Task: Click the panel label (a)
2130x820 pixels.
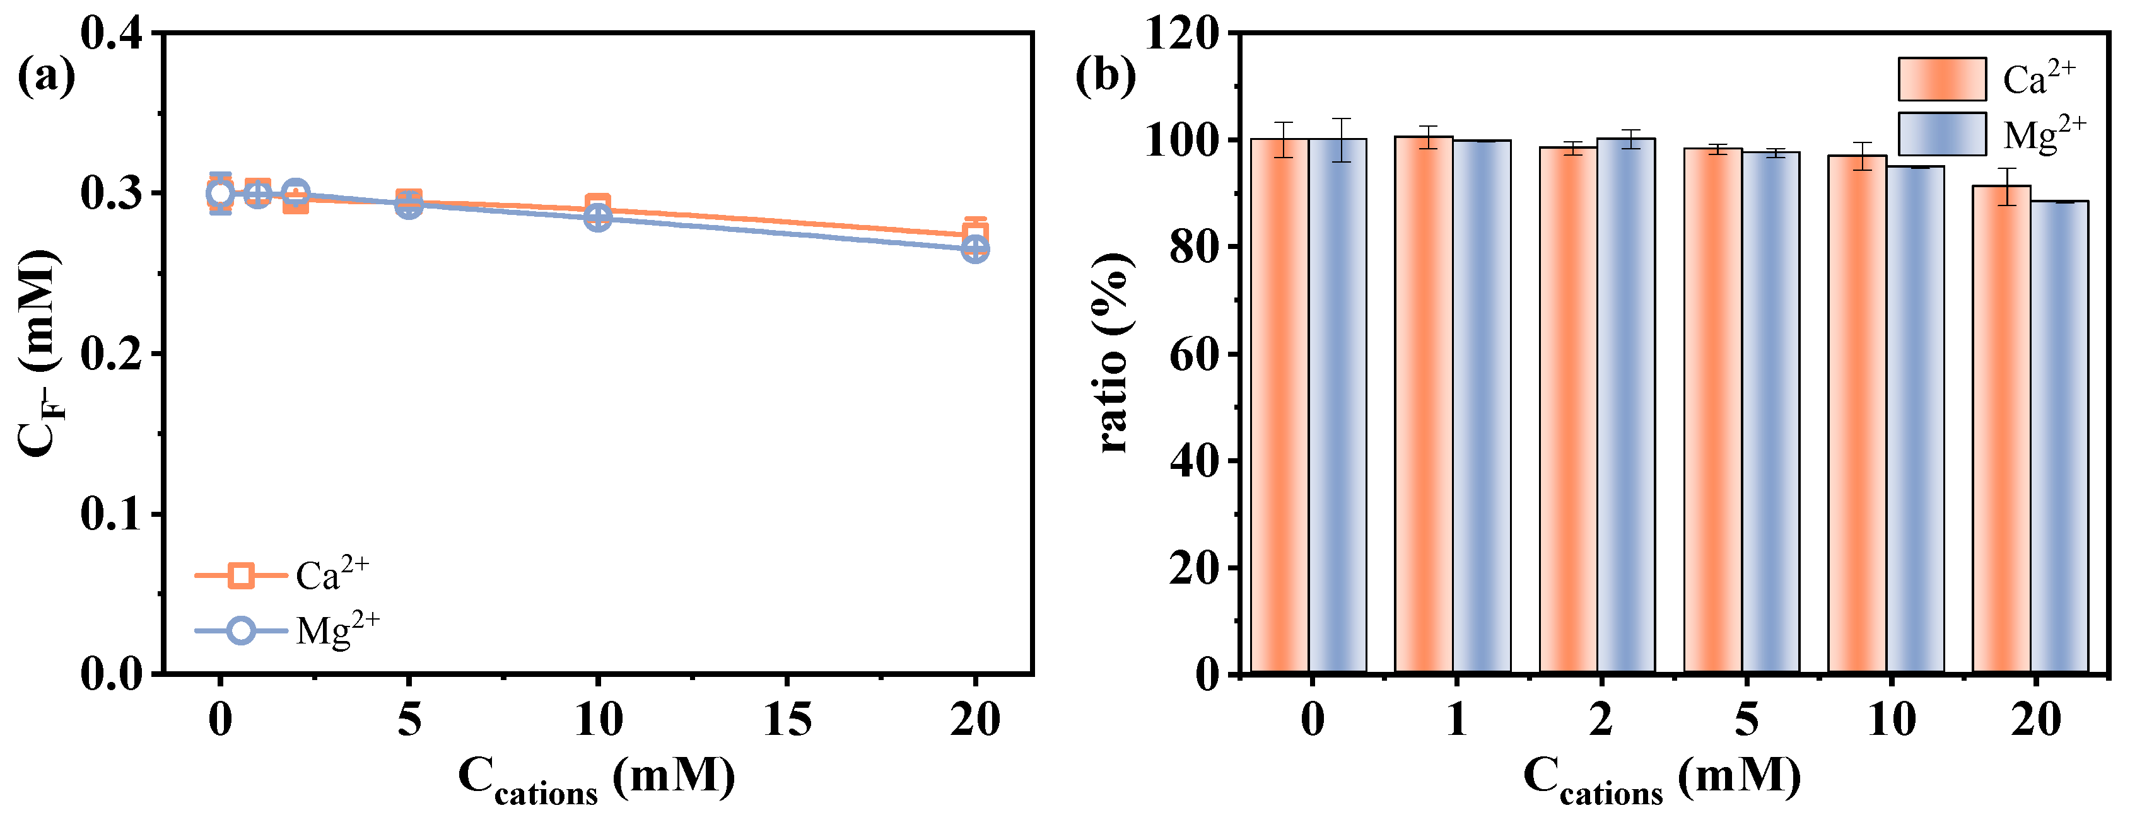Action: point(46,76)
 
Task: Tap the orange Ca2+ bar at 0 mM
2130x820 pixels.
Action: point(1279,405)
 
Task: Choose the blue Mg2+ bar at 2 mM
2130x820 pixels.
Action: point(1625,405)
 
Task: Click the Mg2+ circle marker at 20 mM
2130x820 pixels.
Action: point(975,249)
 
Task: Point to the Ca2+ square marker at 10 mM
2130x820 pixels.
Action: point(598,205)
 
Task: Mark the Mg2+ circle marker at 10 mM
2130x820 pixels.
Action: point(598,218)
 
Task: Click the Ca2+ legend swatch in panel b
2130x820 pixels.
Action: point(1941,79)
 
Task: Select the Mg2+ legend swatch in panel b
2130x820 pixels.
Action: point(1941,134)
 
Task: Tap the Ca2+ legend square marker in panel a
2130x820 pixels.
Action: point(240,575)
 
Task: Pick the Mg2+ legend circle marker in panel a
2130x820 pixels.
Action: point(240,631)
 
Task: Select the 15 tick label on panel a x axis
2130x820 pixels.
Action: point(787,719)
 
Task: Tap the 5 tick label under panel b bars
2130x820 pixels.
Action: point(1745,719)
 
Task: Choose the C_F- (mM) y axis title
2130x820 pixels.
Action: point(39,353)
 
